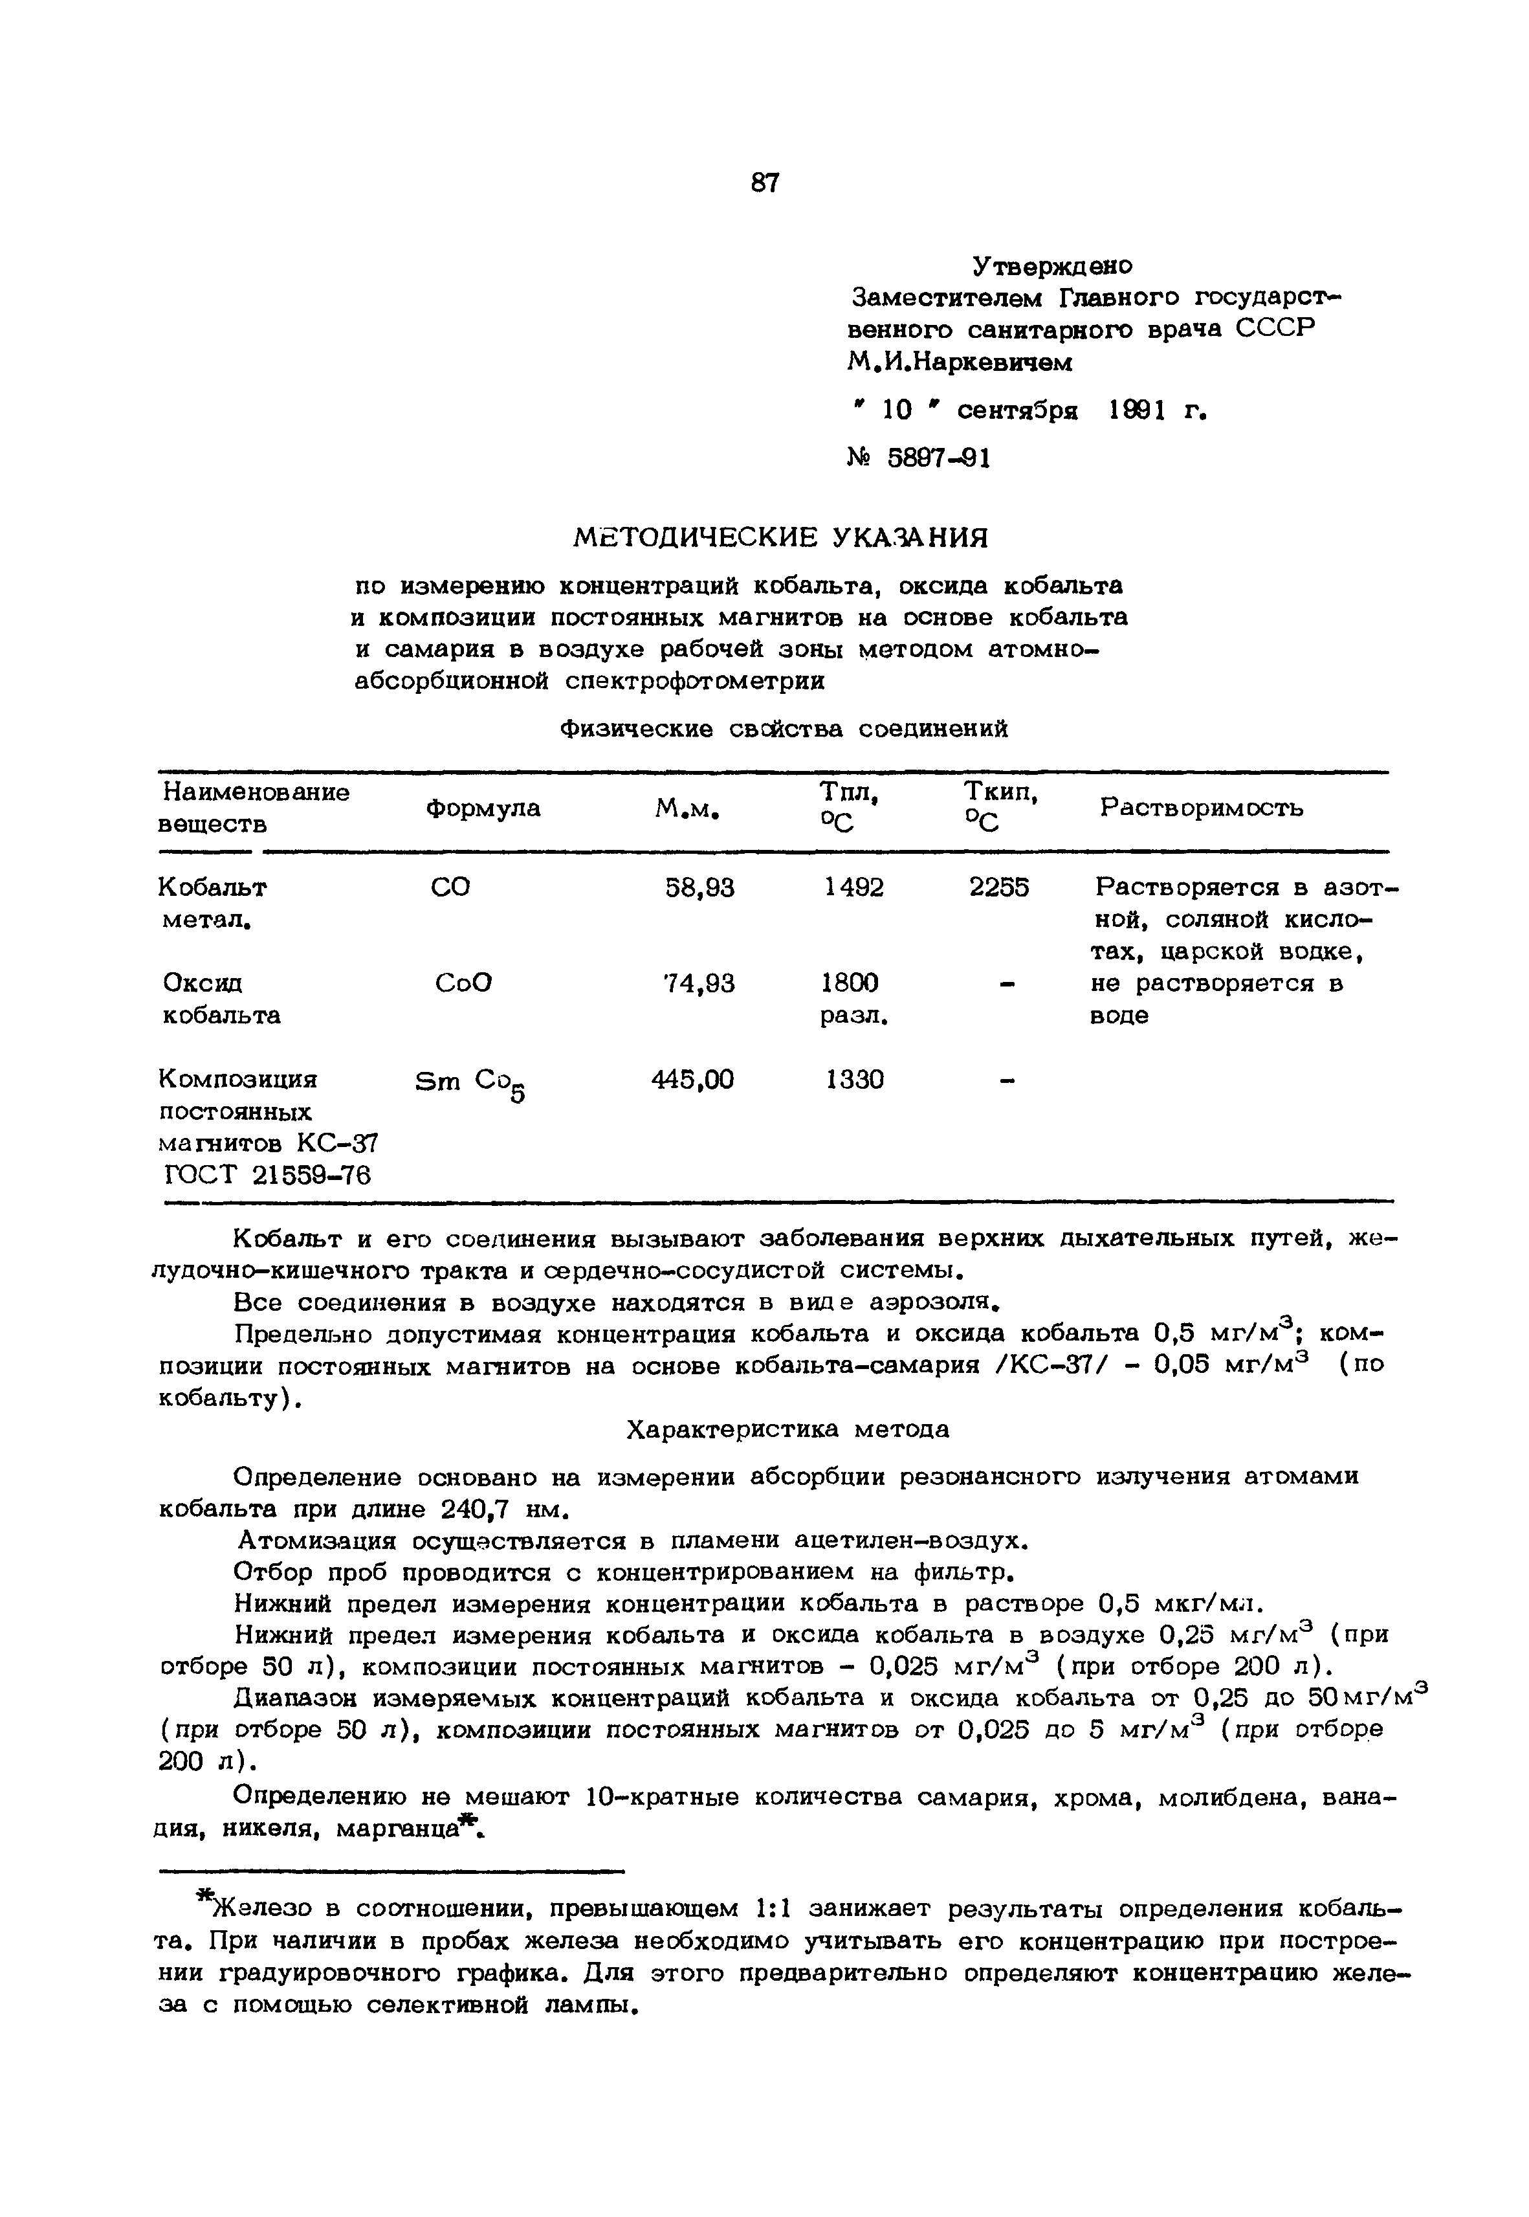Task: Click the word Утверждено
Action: tap(1052, 265)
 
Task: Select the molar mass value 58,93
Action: tap(699, 888)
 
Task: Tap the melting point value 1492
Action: tap(853, 888)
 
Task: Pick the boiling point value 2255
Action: tap(998, 888)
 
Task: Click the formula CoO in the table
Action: tap(463, 983)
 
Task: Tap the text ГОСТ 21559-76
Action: tap(269, 1175)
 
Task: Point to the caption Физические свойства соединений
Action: tap(783, 729)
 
